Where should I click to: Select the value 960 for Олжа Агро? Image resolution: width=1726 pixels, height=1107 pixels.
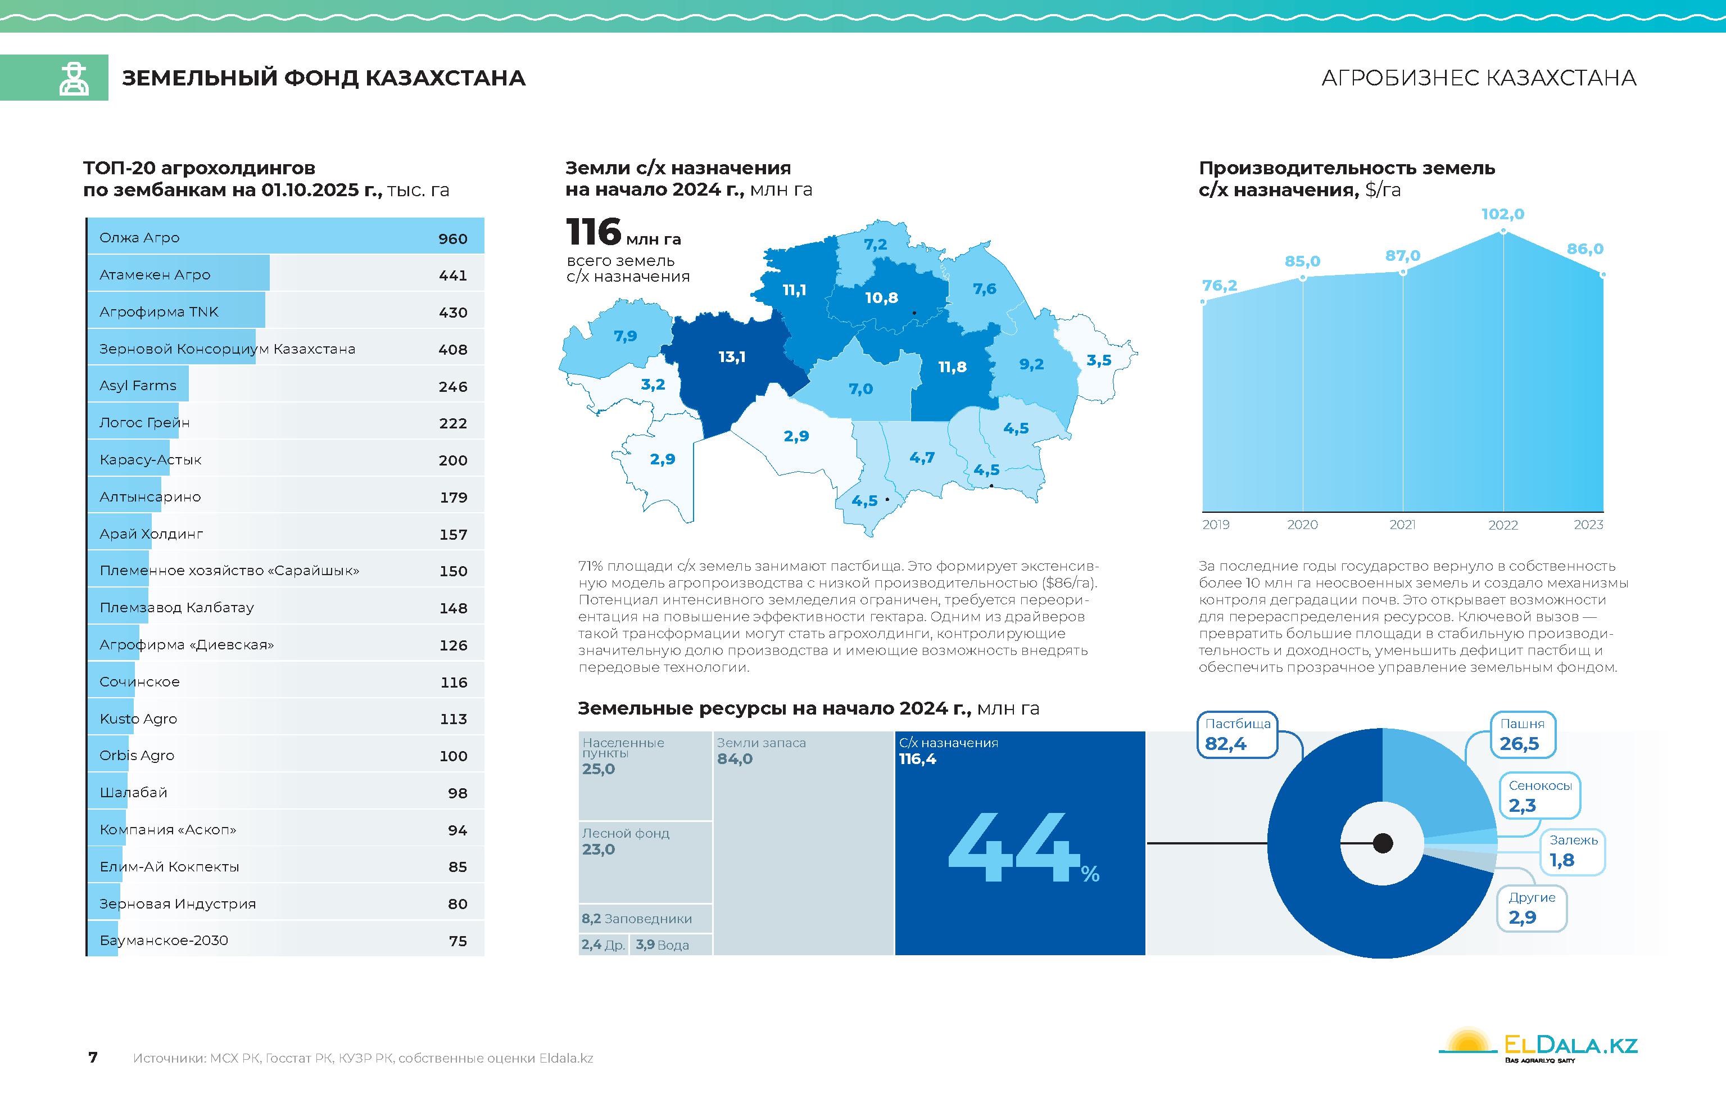[x=452, y=238]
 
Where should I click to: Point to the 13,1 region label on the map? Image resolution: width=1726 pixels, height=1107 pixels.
[x=732, y=356]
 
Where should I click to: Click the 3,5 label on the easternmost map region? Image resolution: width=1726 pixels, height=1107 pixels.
[x=1099, y=360]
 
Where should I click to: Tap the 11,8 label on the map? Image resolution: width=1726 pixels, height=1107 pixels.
[x=952, y=367]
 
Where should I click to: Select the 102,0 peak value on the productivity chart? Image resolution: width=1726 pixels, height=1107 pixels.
[x=1502, y=214]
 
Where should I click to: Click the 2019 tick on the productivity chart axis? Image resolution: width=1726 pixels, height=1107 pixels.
[x=1216, y=525]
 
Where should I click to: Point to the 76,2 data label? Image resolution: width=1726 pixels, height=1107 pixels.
[x=1220, y=286]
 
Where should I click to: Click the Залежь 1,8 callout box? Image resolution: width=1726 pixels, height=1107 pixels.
[x=1572, y=851]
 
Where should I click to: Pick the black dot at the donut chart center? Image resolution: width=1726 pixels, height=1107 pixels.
[x=1383, y=843]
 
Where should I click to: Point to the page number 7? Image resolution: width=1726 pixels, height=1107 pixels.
[x=93, y=1058]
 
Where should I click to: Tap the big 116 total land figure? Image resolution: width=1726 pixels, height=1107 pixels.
[x=594, y=232]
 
